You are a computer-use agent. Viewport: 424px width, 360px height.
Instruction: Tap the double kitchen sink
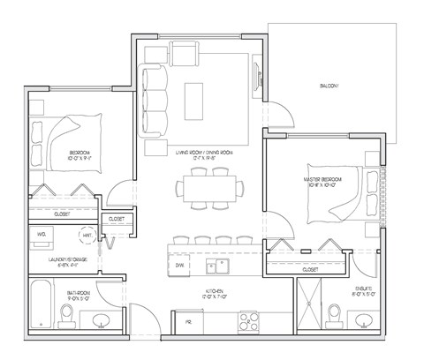[214, 266]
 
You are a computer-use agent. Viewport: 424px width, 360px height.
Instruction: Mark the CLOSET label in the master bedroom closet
[310, 269]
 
